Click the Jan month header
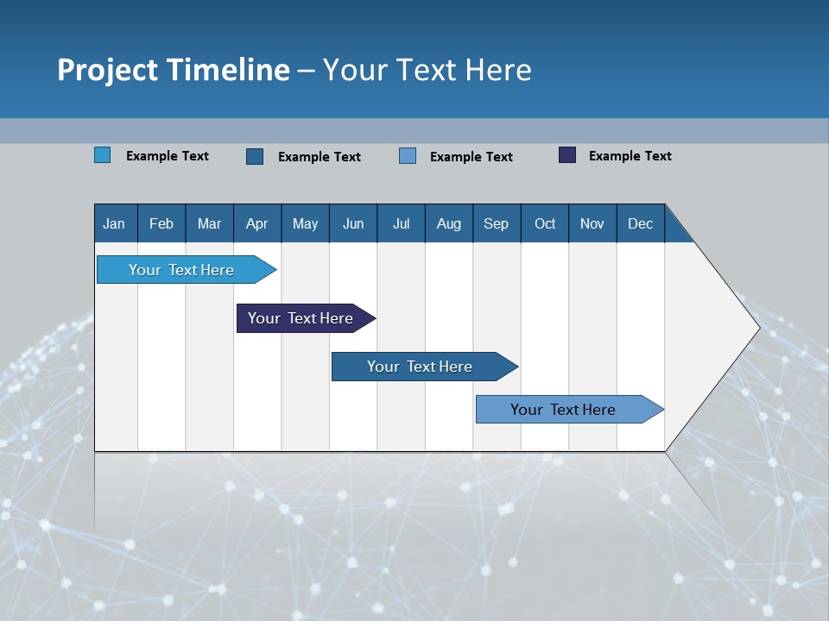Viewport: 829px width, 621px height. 115,223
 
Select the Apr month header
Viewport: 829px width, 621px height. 256,223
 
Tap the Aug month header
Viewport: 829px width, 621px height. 448,223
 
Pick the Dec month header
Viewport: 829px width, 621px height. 640,223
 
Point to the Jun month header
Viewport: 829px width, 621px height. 352,223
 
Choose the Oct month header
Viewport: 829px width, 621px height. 544,223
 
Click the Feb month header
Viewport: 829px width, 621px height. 161,223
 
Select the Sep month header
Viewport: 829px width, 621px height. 496,223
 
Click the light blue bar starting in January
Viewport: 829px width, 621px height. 181,270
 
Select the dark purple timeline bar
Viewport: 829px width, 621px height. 301,318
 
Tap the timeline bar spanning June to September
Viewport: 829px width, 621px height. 420,367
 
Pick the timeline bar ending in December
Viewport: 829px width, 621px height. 563,410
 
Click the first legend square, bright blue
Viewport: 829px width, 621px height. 102,155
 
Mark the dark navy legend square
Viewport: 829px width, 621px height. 567,155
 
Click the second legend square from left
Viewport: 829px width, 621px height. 255,156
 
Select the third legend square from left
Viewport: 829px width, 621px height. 408,156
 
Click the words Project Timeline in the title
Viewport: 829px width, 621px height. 173,70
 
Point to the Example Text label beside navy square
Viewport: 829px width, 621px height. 630,156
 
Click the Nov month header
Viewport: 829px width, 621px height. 592,223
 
